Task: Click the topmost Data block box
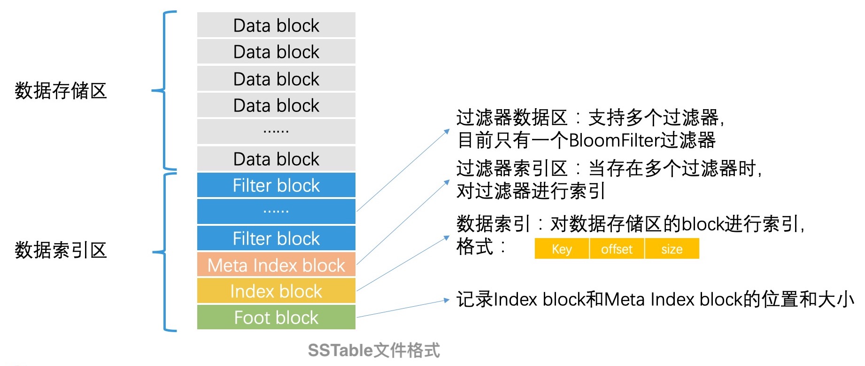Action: click(276, 25)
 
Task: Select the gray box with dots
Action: click(276, 132)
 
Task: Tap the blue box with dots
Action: click(276, 212)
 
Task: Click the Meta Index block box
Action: click(276, 265)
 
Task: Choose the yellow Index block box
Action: click(276, 291)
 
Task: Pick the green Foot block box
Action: click(276, 318)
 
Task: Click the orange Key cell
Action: click(562, 249)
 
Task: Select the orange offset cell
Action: click(617, 249)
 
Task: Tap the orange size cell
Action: click(672, 249)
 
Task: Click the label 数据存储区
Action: click(61, 91)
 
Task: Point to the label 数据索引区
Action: click(61, 250)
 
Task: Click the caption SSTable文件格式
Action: click(374, 350)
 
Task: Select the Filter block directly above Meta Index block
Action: click(276, 239)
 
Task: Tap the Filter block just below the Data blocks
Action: click(276, 185)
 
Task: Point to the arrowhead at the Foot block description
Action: click(447, 300)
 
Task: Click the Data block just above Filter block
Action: click(276, 159)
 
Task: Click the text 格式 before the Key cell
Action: click(475, 247)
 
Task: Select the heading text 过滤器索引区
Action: click(512, 168)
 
